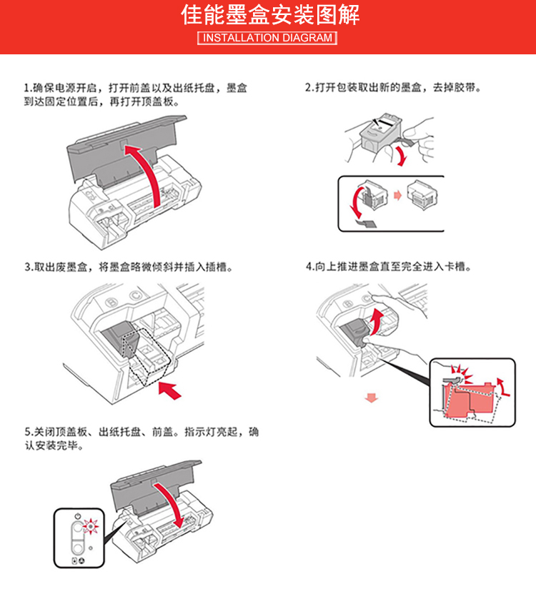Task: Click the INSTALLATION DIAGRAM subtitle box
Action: click(x=268, y=38)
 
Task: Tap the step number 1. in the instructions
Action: click(x=27, y=89)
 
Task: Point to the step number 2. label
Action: click(x=308, y=89)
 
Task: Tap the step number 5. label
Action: click(x=27, y=433)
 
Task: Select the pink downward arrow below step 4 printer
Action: click(x=370, y=396)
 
